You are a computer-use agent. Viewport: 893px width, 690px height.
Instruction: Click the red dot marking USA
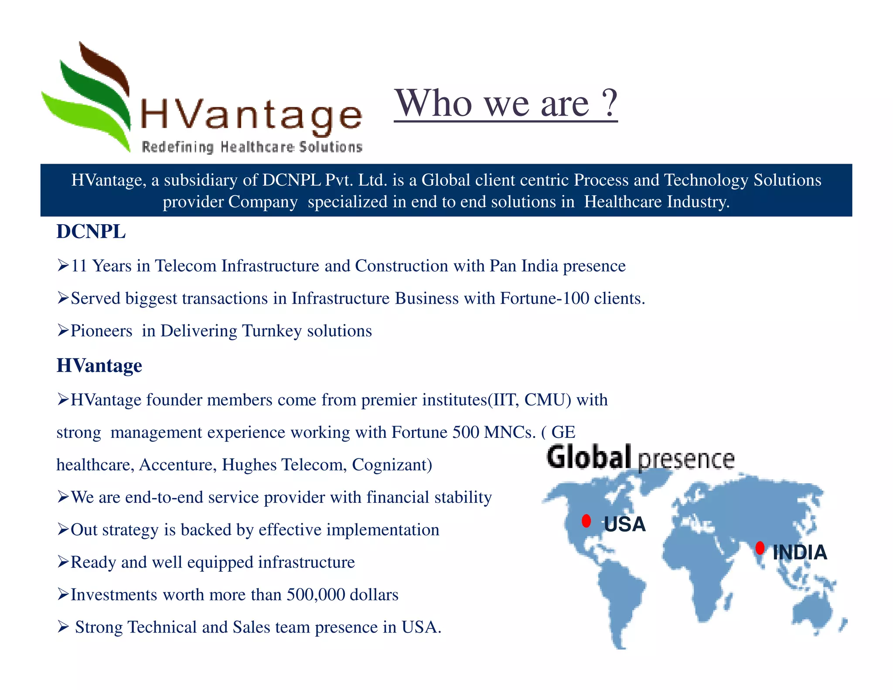(586, 521)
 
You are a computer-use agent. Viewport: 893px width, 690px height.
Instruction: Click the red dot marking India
(760, 548)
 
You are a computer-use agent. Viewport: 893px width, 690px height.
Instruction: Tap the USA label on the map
(624, 524)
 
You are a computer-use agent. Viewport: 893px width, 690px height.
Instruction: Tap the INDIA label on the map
(800, 553)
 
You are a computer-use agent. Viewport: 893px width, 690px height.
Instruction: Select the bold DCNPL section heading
(91, 232)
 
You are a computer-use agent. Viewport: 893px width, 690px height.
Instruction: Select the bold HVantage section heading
(99, 365)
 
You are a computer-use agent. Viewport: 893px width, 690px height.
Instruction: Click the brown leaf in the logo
(105, 65)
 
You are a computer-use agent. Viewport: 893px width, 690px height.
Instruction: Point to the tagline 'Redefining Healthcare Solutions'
(252, 147)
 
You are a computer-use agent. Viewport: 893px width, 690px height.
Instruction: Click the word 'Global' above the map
(589, 457)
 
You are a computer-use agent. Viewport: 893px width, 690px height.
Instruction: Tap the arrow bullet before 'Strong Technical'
(63, 627)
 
